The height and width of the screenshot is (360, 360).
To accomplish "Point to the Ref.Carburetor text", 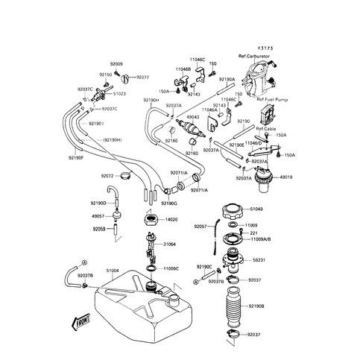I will [x=256, y=57].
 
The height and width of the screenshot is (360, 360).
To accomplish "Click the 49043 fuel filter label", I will [x=192, y=116].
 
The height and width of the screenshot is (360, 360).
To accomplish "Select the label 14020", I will [x=171, y=220].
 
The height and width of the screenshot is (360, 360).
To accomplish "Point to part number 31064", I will [x=170, y=244].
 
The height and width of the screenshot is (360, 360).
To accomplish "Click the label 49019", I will [x=286, y=177].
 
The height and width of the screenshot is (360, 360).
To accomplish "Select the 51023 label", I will [x=119, y=94].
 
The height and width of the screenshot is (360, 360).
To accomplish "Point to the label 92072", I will [x=107, y=176].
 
